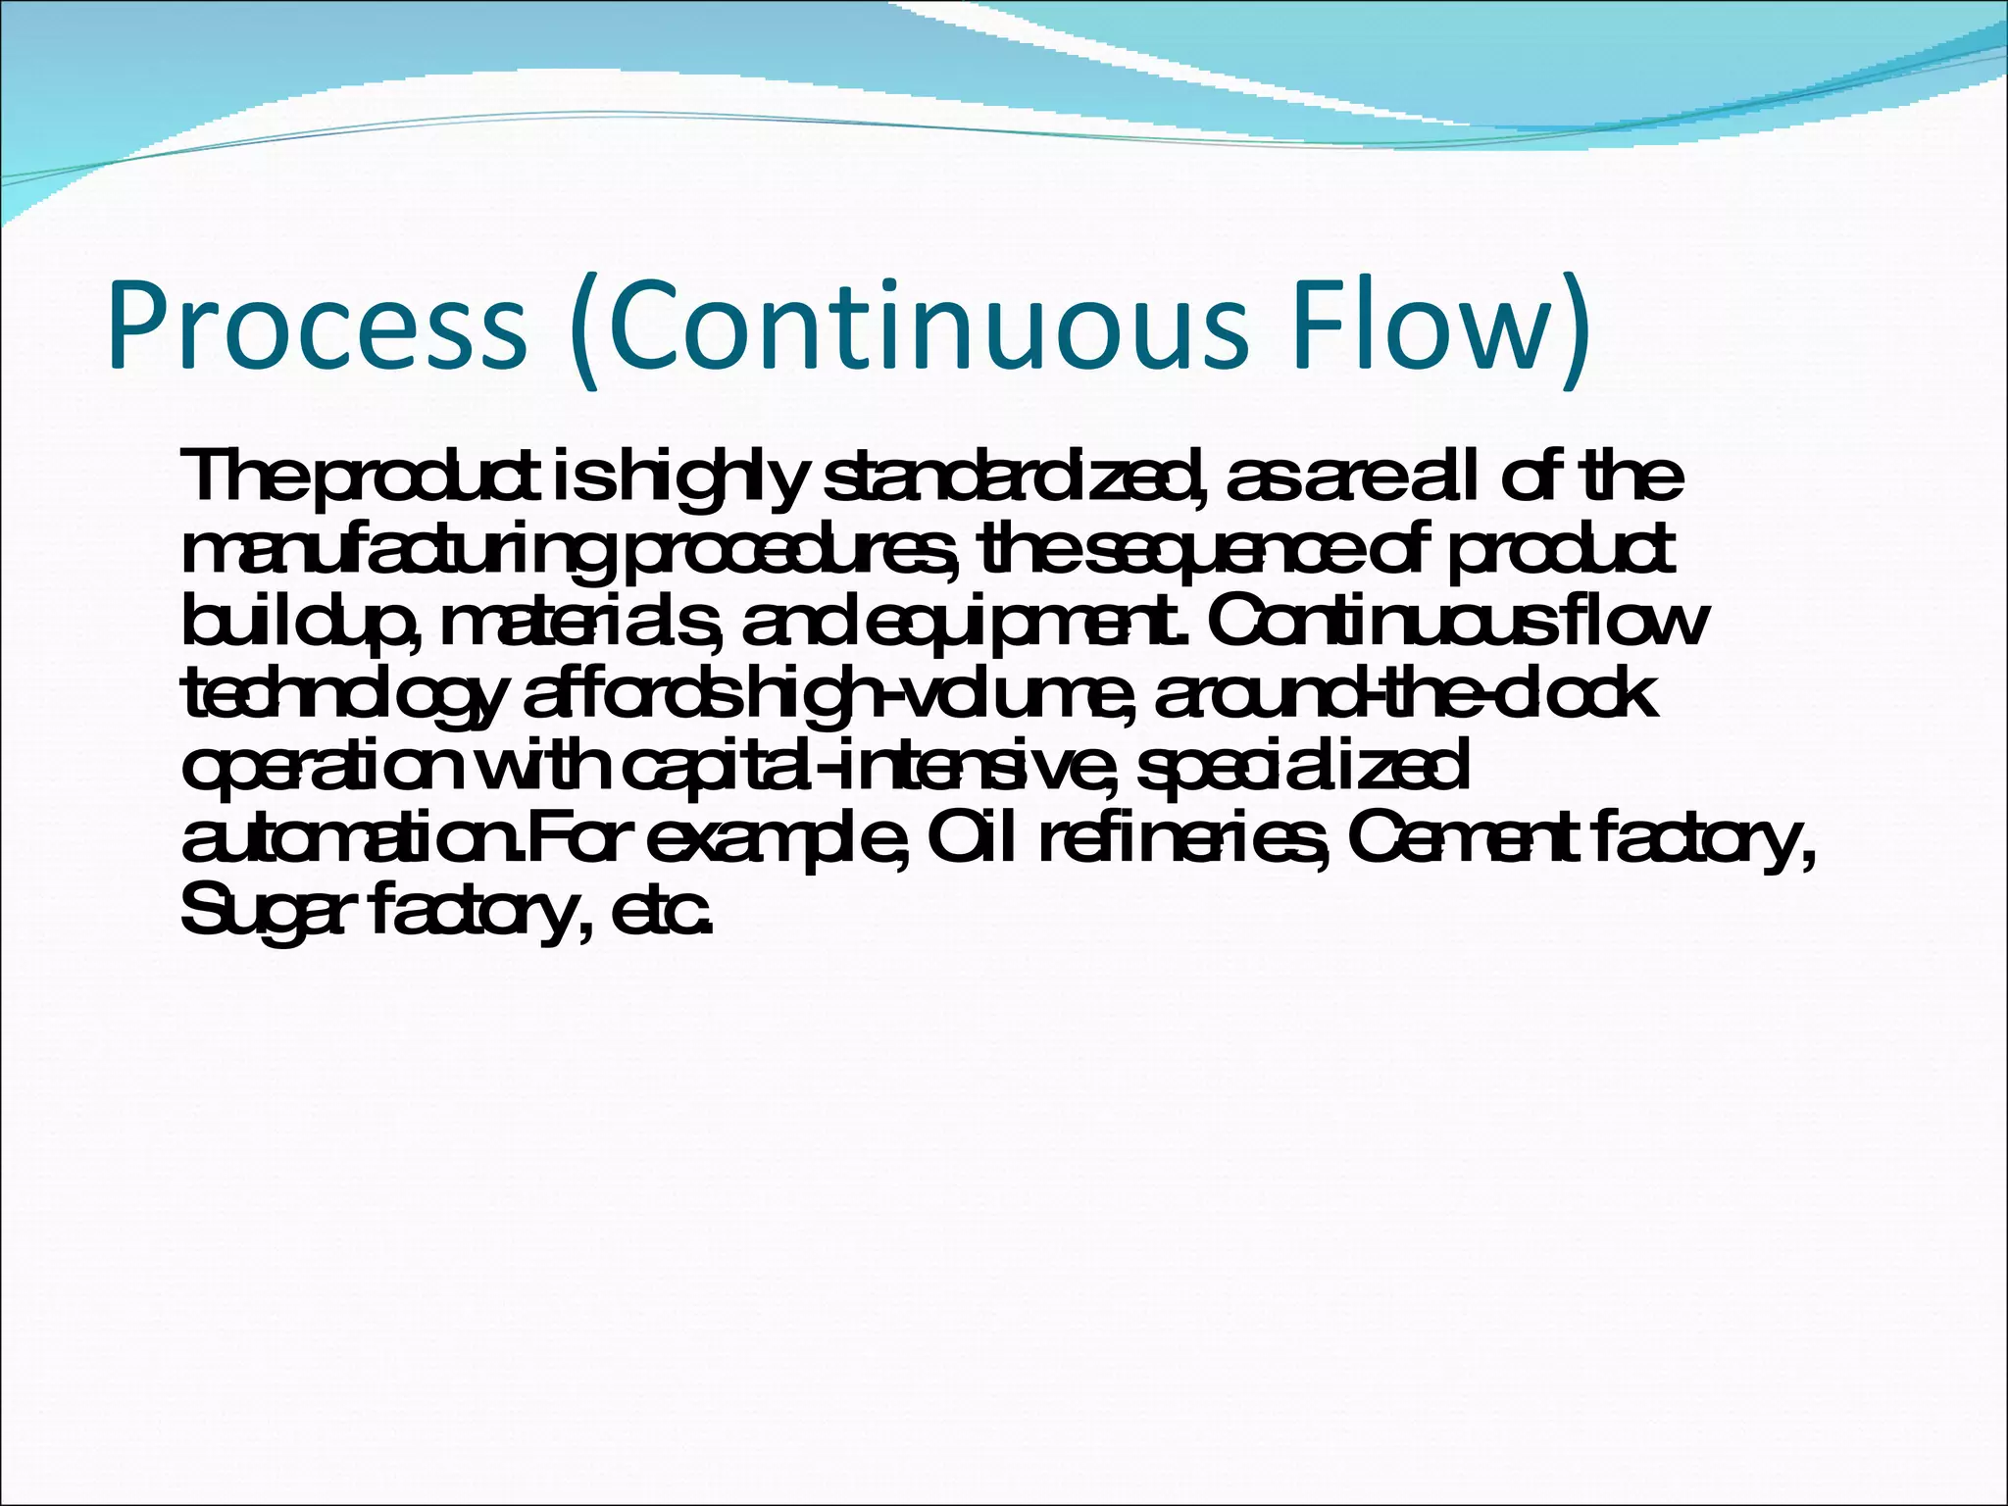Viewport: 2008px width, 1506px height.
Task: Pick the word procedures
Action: [790, 551]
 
